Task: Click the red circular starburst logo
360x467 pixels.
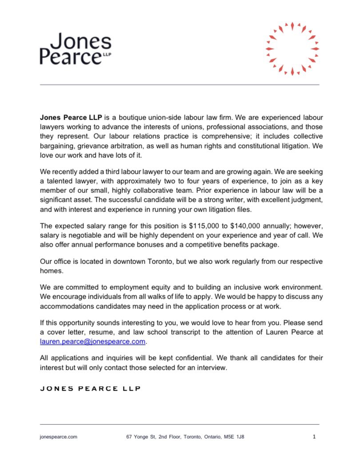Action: [x=292, y=48]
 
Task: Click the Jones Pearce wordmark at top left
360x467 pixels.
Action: [x=76, y=49]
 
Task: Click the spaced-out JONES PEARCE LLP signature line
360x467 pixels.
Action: [x=90, y=388]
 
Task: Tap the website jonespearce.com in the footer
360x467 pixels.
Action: [x=59, y=437]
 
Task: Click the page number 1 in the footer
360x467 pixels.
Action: [x=314, y=437]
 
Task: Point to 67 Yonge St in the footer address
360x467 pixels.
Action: [x=142, y=437]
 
